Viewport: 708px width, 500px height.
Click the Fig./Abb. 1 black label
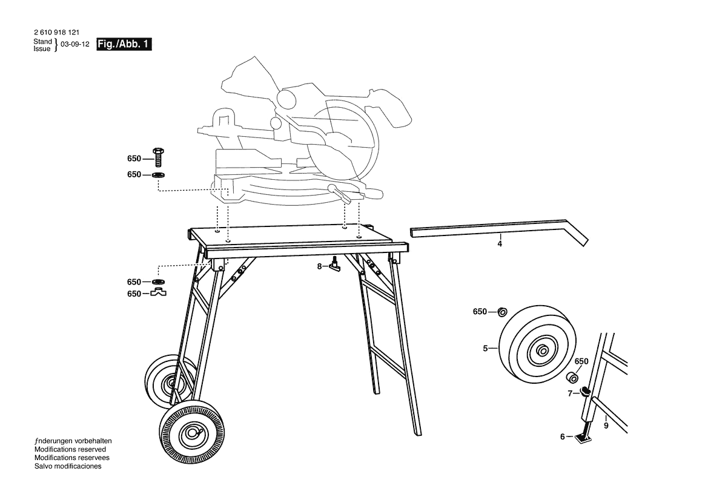[x=124, y=44]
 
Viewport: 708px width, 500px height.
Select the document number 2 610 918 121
[x=56, y=33]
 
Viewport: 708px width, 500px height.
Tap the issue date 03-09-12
[x=75, y=44]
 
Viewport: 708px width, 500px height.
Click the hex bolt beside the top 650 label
[x=159, y=157]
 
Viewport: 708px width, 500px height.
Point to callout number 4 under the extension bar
[x=500, y=244]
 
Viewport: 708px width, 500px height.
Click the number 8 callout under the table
[x=319, y=266]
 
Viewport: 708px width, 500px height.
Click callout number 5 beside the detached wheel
[x=485, y=349]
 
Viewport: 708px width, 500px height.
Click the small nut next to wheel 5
[x=503, y=312]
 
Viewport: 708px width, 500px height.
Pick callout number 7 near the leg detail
[x=570, y=393]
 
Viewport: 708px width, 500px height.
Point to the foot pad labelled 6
[x=583, y=438]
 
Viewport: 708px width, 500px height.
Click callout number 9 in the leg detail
[x=606, y=426]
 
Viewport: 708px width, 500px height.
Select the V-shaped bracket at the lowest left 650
[x=158, y=292]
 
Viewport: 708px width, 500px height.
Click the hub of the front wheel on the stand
[x=193, y=433]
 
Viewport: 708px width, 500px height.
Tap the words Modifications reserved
[x=70, y=450]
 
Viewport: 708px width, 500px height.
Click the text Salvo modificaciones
[x=68, y=466]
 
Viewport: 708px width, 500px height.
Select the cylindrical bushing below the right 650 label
[x=573, y=377]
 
